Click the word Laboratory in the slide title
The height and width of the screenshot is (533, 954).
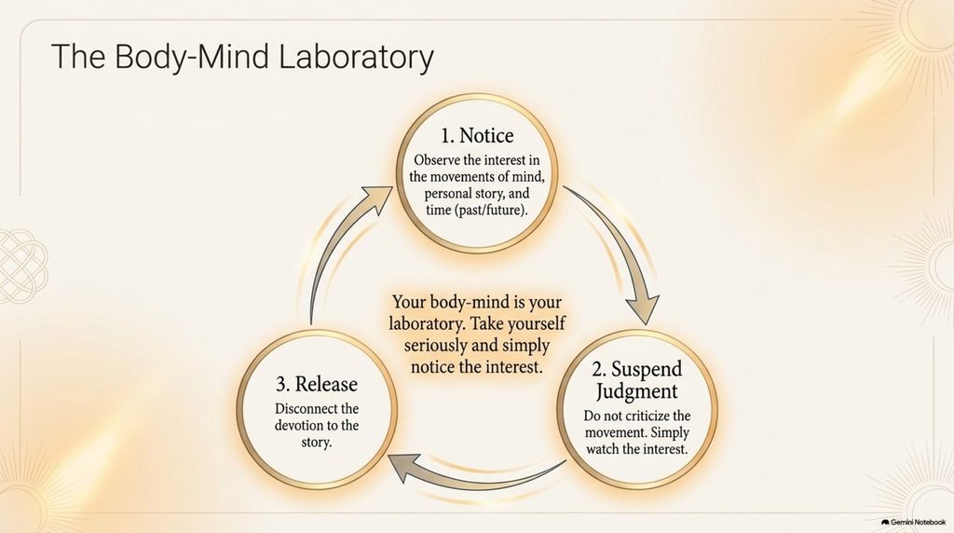tap(356, 57)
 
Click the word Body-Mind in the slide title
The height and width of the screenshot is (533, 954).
tap(192, 56)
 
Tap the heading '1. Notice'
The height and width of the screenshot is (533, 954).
tap(477, 135)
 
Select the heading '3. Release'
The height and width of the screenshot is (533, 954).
tap(317, 384)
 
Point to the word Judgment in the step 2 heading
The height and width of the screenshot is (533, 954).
tap(636, 391)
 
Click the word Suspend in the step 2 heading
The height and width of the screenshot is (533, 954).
tap(647, 369)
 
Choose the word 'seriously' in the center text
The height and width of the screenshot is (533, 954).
tap(432, 347)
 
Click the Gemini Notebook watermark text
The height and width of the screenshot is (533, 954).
tap(918, 522)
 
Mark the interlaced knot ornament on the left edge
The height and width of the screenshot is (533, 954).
tap(23, 266)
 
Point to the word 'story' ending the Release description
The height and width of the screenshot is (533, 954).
tap(317, 443)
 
